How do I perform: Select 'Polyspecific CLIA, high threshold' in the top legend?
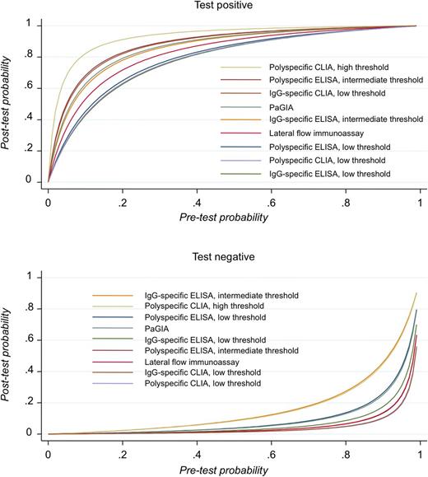click(318, 66)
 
